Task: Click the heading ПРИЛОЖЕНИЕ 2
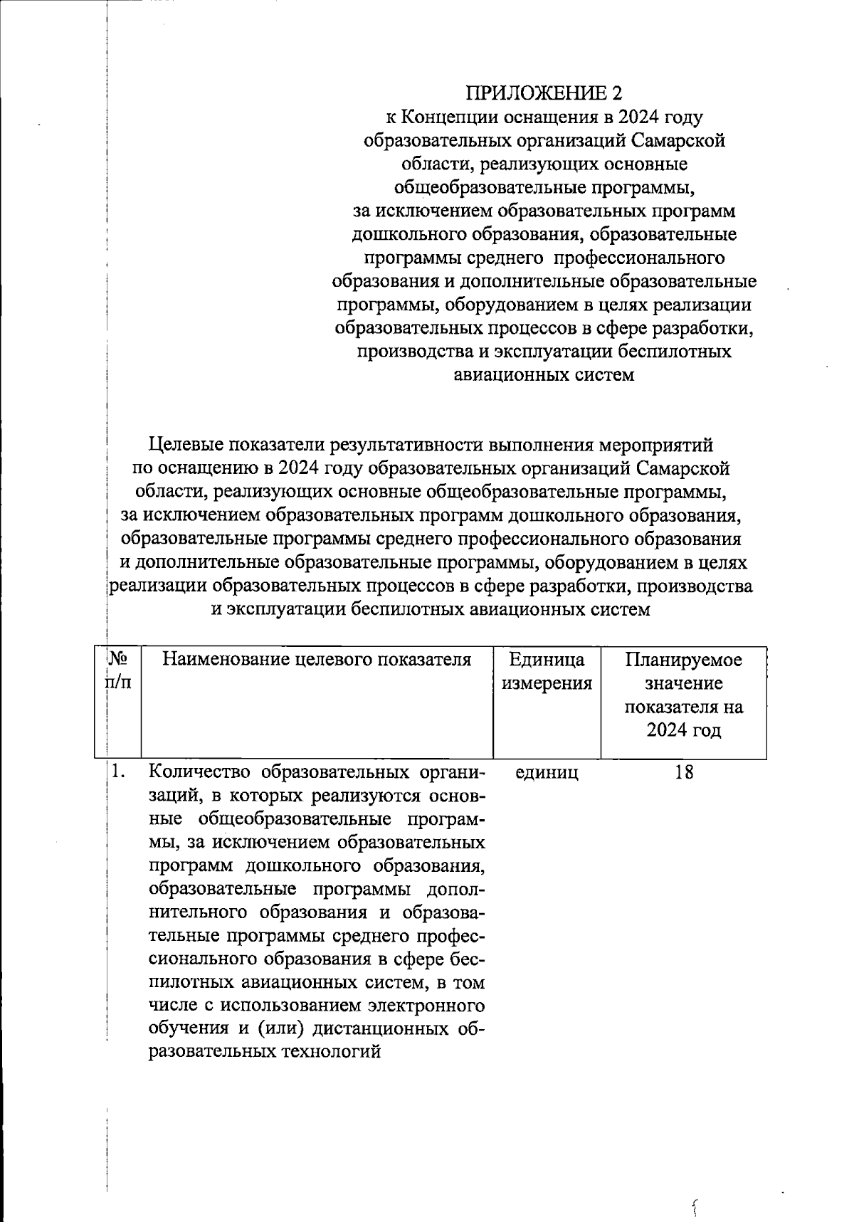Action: pyautogui.click(x=544, y=93)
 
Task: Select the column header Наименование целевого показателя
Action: pyautogui.click(x=317, y=660)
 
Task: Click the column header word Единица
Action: pyautogui.click(x=547, y=660)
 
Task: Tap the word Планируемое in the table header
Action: pyautogui.click(x=683, y=660)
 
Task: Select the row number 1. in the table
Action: pyautogui.click(x=119, y=771)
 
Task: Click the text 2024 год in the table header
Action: pyautogui.click(x=683, y=731)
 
